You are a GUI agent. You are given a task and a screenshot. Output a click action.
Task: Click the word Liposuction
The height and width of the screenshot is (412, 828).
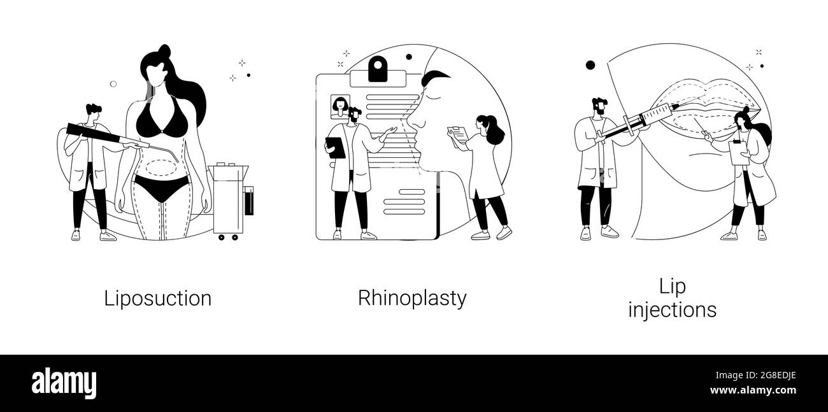coord(158,299)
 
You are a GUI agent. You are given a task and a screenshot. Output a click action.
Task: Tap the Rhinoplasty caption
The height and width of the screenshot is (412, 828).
coord(412,299)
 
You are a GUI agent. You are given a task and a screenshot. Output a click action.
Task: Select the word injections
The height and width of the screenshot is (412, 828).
coord(673,309)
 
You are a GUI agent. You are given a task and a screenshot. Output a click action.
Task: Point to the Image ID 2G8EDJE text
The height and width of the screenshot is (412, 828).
coord(756,376)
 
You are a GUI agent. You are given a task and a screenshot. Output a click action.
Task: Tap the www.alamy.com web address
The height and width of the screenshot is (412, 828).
coord(753,390)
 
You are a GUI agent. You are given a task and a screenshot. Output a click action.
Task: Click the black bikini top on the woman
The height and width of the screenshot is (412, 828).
coord(161,117)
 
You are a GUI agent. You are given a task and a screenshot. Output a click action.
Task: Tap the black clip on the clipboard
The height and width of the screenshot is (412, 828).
coord(378,69)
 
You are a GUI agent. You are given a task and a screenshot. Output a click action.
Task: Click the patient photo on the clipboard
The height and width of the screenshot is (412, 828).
coord(340,107)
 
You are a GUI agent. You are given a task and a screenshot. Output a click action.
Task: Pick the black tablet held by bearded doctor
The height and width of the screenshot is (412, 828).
coord(335,148)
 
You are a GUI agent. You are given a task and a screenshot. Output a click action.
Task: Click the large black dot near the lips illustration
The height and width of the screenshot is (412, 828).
coord(590,66)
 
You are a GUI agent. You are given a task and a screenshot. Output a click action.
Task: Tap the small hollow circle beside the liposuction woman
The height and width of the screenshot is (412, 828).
coord(113,84)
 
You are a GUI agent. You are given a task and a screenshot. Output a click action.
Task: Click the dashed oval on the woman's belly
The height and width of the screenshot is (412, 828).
coord(161,167)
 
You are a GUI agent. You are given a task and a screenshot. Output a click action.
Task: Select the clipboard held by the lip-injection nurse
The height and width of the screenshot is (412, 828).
coord(739,152)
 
